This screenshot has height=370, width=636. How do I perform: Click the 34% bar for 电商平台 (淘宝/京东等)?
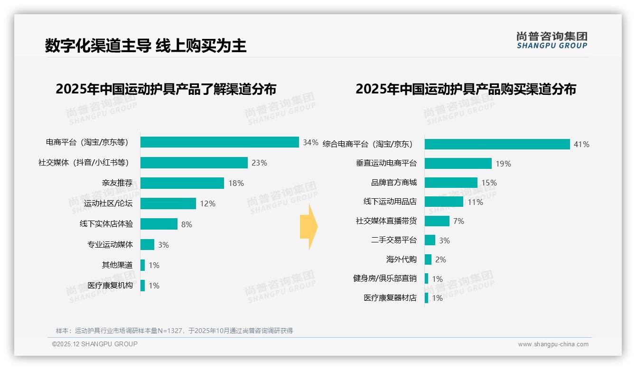pyautogui.click(x=219, y=142)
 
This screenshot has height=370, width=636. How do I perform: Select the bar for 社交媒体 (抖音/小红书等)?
pyautogui.click(x=194, y=163)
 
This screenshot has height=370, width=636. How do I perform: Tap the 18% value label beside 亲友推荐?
pyautogui.click(x=236, y=183)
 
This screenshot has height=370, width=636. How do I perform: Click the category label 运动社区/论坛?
pyautogui.click(x=108, y=203)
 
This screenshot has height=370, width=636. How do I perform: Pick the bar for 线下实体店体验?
pyautogui.click(x=159, y=224)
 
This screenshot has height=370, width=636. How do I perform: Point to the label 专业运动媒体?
pyautogui.click(x=110, y=245)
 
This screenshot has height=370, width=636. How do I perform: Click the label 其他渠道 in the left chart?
pyautogui.click(x=117, y=265)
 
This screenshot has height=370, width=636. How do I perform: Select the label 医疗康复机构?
pyautogui.click(x=110, y=286)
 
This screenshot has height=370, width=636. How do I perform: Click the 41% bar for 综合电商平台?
pyautogui.click(x=497, y=144)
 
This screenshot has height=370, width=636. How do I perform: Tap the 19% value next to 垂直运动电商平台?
pyautogui.click(x=503, y=164)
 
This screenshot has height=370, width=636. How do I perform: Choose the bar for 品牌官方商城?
pyautogui.click(x=451, y=183)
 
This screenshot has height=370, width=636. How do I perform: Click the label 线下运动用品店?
pyautogui.click(x=390, y=202)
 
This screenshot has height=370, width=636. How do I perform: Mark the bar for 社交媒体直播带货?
pyautogui.click(x=437, y=221)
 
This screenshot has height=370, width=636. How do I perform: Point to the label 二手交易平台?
pyautogui.click(x=394, y=240)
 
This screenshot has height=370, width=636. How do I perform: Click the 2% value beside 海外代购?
pyautogui.click(x=440, y=259)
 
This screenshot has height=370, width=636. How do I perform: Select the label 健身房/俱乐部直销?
pyautogui.click(x=385, y=278)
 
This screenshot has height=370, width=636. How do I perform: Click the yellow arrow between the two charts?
pyautogui.click(x=309, y=227)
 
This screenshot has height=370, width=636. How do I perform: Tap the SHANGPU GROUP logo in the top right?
pyautogui.click(x=552, y=40)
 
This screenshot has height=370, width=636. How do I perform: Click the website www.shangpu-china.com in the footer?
pyautogui.click(x=553, y=344)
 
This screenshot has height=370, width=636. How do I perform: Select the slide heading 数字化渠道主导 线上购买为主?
pyautogui.click(x=146, y=46)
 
